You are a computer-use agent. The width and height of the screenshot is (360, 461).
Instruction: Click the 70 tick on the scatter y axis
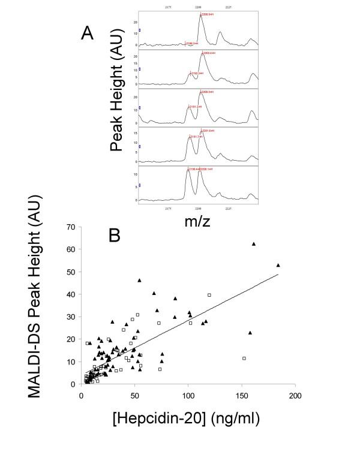point(70,227)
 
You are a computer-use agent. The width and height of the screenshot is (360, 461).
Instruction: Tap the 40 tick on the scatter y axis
point(70,294)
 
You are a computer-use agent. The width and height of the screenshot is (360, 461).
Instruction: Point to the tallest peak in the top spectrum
point(201,16)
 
